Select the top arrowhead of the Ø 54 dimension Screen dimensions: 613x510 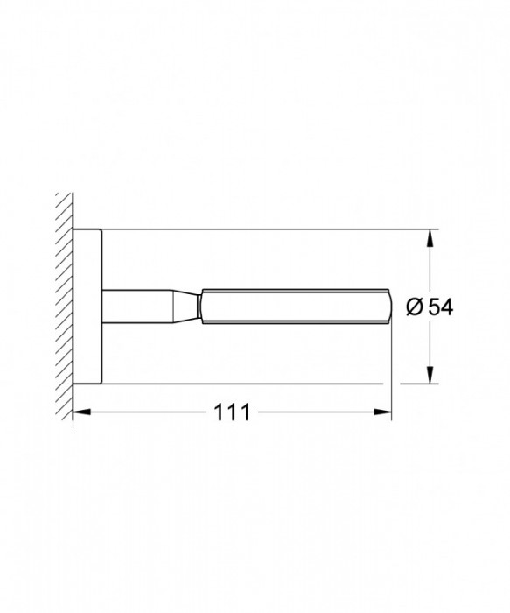coord(430,237)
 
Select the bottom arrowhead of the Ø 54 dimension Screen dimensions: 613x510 coord(430,377)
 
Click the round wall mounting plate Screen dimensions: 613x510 coord(87,306)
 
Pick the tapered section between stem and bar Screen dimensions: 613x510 coord(185,306)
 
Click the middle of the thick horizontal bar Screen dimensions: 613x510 coord(293,306)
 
